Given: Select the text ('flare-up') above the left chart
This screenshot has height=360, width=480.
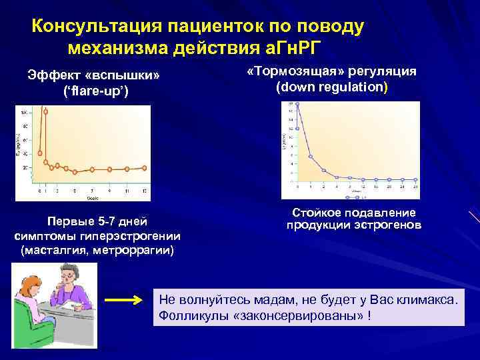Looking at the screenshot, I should tap(100, 89).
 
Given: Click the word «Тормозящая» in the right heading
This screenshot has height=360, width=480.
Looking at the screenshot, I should tap(288, 72).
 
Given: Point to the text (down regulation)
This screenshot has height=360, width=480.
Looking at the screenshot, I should tap(331, 87).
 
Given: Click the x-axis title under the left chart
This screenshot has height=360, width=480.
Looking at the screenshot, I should tap(93, 198).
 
